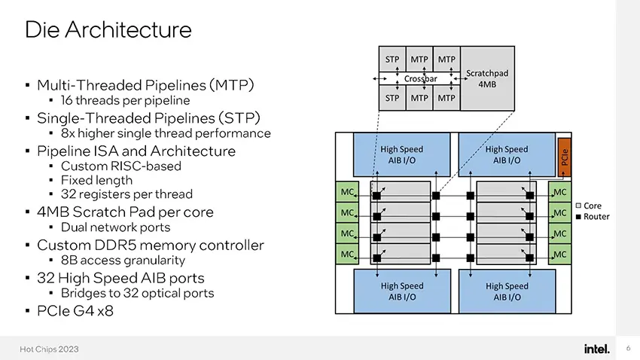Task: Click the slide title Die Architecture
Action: point(108,30)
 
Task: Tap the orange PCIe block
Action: point(564,157)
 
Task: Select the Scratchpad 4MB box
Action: point(487,78)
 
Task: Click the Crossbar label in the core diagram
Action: point(420,79)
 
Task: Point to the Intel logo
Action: point(597,349)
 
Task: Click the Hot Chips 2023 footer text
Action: point(49,349)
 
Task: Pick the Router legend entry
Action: point(593,217)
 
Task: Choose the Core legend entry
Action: point(589,206)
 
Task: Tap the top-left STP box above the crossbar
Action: point(392,59)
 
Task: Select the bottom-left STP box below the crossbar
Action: point(392,98)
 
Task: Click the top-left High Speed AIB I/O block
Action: point(401,154)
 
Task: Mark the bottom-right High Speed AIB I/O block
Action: point(507,291)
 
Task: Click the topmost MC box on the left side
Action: point(347,192)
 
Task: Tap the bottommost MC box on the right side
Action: point(559,255)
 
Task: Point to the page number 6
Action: point(628,348)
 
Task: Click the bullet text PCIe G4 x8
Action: point(75,311)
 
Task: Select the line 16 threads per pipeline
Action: point(125,100)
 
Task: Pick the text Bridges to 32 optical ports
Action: point(137,293)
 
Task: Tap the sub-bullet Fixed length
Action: point(96,180)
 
